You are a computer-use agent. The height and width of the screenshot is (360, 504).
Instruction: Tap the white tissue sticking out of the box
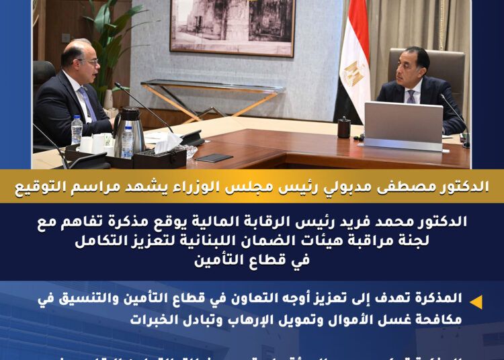tap(168, 142)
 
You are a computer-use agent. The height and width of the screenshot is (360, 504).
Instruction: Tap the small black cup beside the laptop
tap(344, 127)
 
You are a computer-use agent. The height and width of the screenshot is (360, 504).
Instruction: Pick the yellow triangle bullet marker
tap(476, 302)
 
